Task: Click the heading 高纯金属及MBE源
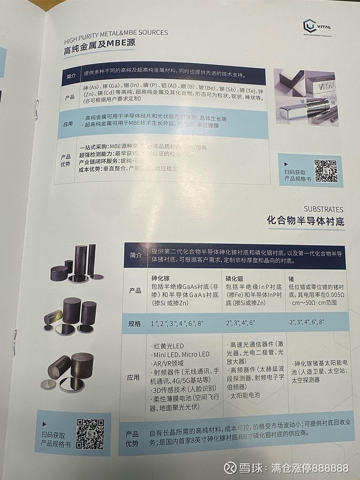[x=99, y=44]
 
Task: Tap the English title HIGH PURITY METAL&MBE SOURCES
[x=116, y=32]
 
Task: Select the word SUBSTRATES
[x=323, y=209]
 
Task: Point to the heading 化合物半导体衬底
[x=305, y=221]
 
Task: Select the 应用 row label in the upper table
[x=68, y=123]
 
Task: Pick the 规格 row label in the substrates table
[x=135, y=323]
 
